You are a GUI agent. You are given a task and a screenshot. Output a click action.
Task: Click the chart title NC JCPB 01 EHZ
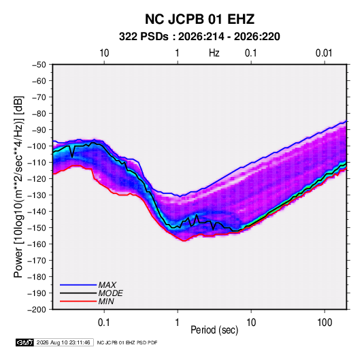199,19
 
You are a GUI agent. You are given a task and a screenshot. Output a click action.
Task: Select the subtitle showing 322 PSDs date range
199,37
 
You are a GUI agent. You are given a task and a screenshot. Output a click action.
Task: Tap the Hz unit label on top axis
214,53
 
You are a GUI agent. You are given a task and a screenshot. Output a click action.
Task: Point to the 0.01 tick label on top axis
324,53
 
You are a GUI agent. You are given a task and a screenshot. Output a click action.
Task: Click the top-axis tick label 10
104,53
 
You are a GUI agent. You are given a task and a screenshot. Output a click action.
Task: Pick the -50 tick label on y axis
39,65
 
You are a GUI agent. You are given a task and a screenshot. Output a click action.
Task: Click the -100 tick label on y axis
37,146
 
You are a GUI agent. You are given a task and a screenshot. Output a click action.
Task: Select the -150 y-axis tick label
37,228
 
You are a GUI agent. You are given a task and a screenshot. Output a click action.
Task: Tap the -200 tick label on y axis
37,310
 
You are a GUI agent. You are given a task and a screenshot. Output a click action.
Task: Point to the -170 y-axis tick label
37,261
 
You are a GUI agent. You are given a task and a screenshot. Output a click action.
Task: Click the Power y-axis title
18,187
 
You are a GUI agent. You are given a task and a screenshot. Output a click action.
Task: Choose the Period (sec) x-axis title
214,330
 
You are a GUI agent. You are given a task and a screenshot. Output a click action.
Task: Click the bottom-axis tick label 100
325,323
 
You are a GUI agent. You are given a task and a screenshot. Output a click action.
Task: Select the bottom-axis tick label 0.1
103,323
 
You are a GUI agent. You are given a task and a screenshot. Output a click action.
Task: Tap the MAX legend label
107,285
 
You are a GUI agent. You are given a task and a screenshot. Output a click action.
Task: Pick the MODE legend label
110,293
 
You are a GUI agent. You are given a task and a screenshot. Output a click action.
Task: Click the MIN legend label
106,301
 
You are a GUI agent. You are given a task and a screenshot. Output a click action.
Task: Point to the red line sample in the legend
78,301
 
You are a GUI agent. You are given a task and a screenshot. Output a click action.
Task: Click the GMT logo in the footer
24,342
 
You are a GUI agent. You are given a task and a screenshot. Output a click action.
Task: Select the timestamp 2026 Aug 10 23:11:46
63,342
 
